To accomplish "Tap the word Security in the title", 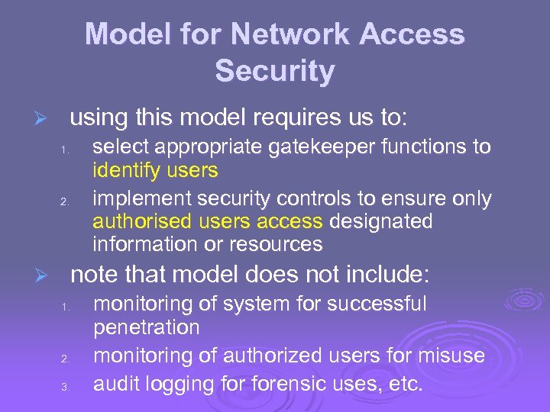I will (x=275, y=71).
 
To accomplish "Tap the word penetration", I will (x=146, y=327).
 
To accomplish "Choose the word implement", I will (x=141, y=199).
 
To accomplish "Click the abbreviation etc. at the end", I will (x=405, y=384).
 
